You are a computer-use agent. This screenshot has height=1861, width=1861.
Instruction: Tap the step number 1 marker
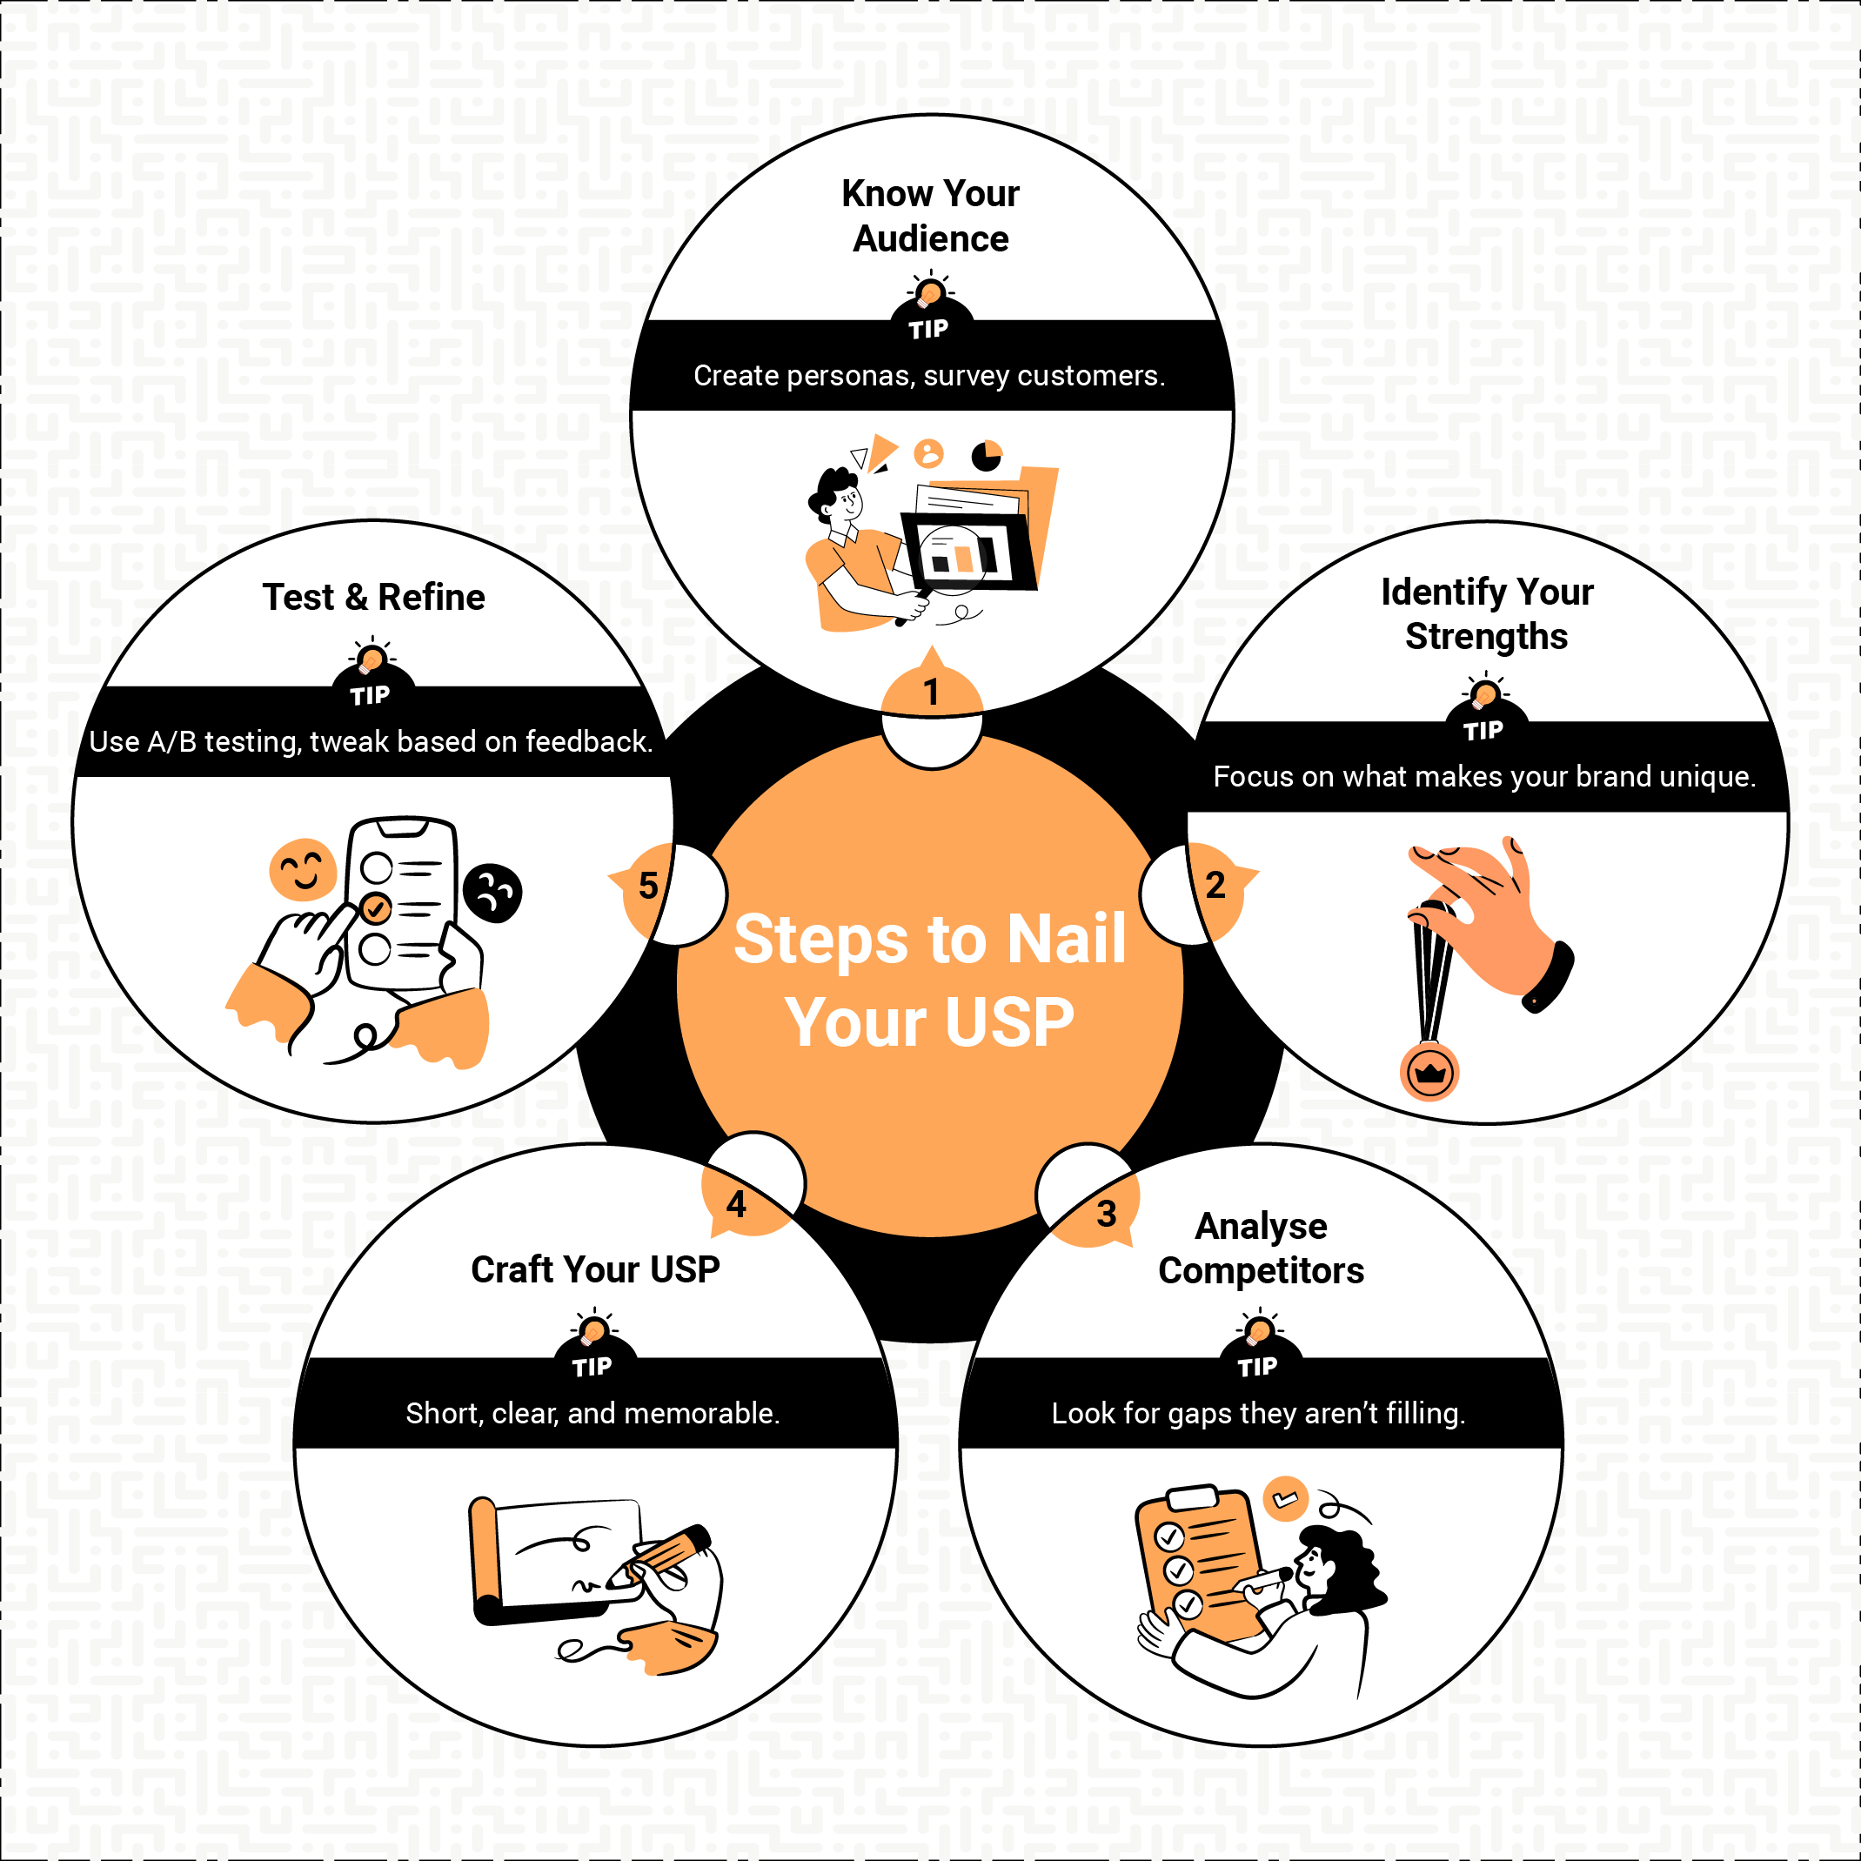click(931, 692)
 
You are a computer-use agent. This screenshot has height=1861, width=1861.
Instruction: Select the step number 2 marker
click(1215, 885)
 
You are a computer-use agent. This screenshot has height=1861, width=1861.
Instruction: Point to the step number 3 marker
click(1107, 1214)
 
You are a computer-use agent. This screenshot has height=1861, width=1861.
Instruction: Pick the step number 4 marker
click(736, 1204)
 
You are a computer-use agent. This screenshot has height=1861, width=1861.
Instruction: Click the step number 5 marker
click(648, 885)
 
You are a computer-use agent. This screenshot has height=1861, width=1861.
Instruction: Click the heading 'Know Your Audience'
click(931, 216)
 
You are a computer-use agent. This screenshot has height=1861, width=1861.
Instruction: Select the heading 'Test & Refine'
click(374, 597)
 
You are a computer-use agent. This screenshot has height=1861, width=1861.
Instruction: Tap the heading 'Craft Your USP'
click(595, 1269)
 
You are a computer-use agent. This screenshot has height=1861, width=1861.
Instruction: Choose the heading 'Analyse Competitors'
click(1261, 1248)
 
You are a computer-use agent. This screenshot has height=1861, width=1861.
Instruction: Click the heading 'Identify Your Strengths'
click(1486, 613)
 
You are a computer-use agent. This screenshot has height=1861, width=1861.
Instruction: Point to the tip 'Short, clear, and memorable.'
click(592, 1413)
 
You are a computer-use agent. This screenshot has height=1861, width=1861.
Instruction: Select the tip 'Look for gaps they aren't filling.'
click(1258, 1413)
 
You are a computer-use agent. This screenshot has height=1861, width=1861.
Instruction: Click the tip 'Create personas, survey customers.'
click(928, 375)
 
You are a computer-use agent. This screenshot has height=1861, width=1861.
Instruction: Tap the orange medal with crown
click(1429, 1072)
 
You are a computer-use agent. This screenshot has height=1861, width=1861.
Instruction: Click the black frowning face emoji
click(492, 893)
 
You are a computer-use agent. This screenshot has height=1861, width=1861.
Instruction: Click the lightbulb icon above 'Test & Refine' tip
click(371, 659)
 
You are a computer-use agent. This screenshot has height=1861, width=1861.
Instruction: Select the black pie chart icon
click(987, 455)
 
